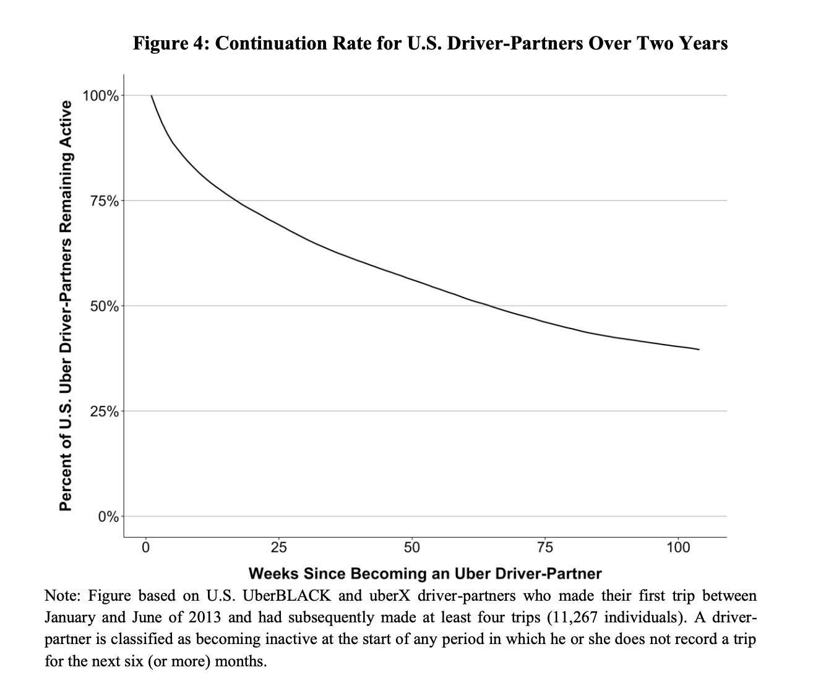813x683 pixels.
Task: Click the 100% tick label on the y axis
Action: pos(101,96)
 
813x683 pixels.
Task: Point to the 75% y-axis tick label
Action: pos(104,201)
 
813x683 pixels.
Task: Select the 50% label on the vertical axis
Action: pos(104,306)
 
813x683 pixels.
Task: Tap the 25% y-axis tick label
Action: pos(104,411)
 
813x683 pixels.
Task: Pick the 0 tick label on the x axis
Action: pos(146,548)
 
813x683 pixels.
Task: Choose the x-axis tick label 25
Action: pos(279,548)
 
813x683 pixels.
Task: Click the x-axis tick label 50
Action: pos(412,548)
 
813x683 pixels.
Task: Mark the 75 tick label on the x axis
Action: pos(545,548)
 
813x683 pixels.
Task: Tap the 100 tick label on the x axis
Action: pos(679,548)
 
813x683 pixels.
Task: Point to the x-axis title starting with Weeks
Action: pos(424,573)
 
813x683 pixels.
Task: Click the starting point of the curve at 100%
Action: pos(152,96)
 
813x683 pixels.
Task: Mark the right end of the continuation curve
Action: pos(699,350)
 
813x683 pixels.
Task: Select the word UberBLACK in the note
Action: pos(287,596)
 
